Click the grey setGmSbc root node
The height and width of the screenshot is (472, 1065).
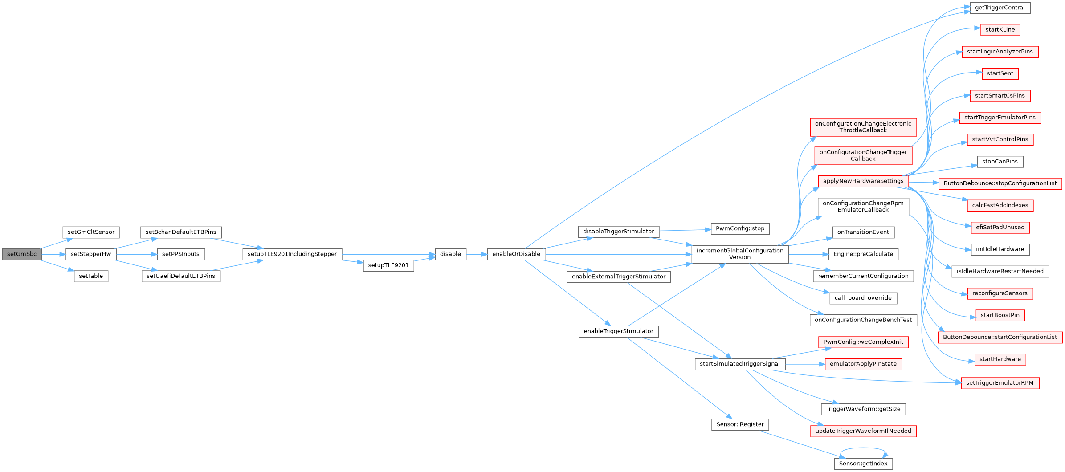(x=22, y=254)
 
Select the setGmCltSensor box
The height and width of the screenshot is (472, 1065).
(x=91, y=232)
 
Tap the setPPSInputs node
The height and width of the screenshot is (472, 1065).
(x=180, y=254)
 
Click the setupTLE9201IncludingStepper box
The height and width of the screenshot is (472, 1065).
(x=292, y=254)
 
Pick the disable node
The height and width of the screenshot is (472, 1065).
(x=450, y=254)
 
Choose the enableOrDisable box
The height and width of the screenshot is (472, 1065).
(x=516, y=254)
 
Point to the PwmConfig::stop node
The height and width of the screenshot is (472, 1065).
(x=740, y=228)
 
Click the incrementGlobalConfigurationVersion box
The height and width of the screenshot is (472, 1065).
(x=740, y=254)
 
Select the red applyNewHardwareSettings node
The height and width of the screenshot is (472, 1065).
(x=863, y=181)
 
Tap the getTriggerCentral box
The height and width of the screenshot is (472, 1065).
(x=1000, y=8)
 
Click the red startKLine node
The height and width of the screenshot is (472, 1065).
(x=1000, y=30)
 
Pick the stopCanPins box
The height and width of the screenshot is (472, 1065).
(x=1000, y=162)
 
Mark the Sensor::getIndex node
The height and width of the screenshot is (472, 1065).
(x=863, y=464)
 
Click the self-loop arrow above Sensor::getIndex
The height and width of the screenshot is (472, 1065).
(x=863, y=448)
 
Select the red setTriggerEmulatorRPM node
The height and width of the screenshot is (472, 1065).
(x=1000, y=383)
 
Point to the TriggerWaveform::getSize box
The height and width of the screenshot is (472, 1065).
(x=863, y=409)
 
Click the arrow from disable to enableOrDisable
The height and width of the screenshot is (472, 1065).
(x=477, y=254)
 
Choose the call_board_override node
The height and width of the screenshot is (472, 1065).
(x=863, y=298)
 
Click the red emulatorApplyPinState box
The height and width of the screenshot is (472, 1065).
(x=863, y=364)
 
